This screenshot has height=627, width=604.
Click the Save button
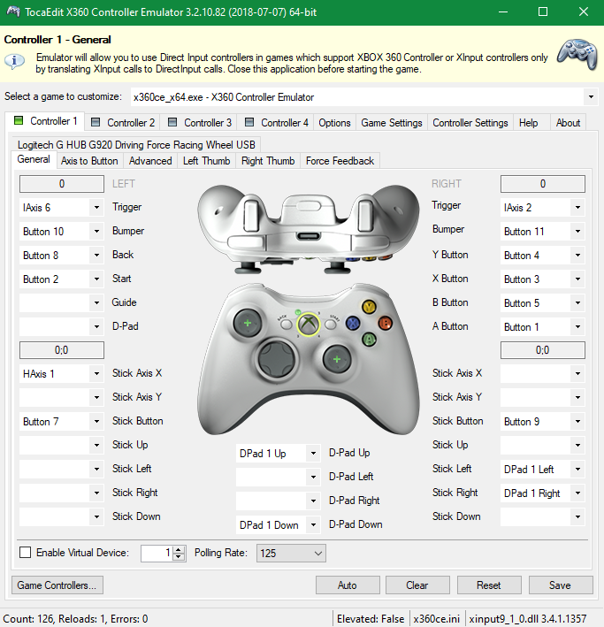pos(561,585)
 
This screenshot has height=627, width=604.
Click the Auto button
pos(348,585)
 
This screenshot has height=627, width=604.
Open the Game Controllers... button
pos(57,585)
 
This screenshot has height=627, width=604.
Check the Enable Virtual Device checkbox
pos(25,552)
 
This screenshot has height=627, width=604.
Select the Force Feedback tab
pos(340,161)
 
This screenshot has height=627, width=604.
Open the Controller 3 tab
pos(199,122)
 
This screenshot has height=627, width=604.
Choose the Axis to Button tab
pos(89,161)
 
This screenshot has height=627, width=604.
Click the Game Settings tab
pos(391,122)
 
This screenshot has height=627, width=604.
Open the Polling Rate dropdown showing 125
pos(291,553)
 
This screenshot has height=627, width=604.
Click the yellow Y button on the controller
pos(369,307)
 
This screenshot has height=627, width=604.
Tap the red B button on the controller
pos(385,323)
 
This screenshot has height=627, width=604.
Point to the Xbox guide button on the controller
pos(308,324)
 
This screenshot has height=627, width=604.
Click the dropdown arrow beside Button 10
pos(96,231)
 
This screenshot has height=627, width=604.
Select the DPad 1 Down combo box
pos(278,524)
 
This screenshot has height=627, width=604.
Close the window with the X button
pos(584,12)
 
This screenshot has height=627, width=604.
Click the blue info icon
pos(14,61)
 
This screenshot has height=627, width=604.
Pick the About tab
pos(568,122)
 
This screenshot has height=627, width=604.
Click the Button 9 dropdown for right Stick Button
pos(542,422)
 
